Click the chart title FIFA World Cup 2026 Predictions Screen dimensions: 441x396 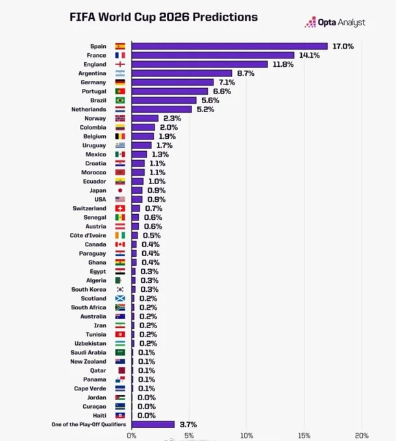pyautogui.click(x=164, y=17)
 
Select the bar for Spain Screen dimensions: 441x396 pyautogui.click(x=230, y=46)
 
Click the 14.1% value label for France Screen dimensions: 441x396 pyautogui.click(x=310, y=55)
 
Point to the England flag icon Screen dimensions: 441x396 pyautogui.click(x=120, y=64)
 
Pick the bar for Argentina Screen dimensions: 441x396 pyautogui.click(x=182, y=73)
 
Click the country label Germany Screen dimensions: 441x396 pyautogui.click(x=93, y=82)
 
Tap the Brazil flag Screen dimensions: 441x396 pyautogui.click(x=120, y=101)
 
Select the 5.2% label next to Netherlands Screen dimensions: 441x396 pyautogui.click(x=205, y=110)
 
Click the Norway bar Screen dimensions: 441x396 pyautogui.click(x=145, y=119)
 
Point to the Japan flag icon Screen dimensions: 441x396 pyautogui.click(x=120, y=190)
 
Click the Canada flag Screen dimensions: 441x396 pyautogui.click(x=120, y=244)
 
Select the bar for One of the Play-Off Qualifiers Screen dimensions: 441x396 pyautogui.click(x=153, y=424)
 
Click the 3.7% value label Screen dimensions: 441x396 pyautogui.click(x=187, y=424)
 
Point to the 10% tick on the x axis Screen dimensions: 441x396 pyautogui.click(x=247, y=436)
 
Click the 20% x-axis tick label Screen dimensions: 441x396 pyautogui.click(x=362, y=436)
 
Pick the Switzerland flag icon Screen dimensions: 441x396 pyautogui.click(x=120, y=208)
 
